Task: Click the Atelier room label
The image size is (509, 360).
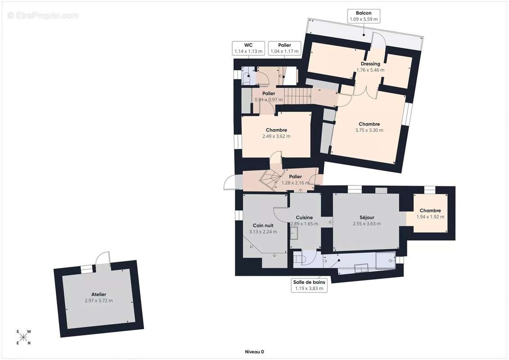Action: (99, 294)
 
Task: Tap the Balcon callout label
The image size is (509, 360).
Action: (364, 16)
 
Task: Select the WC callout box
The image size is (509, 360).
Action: (248, 48)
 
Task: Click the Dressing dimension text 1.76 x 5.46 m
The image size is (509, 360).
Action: (370, 70)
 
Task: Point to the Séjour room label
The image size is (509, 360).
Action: (367, 217)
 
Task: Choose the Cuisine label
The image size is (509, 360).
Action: (304, 217)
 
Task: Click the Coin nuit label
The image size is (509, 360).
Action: (263, 225)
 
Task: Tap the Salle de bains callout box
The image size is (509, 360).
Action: (309, 285)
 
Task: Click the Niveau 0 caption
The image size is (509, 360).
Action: (254, 351)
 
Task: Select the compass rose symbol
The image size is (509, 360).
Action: (23, 337)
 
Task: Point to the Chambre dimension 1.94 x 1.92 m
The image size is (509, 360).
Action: (430, 216)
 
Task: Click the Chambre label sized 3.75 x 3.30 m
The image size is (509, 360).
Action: (369, 124)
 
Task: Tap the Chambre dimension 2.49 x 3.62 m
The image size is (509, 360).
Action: (276, 136)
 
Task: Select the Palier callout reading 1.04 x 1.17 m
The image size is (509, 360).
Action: (284, 48)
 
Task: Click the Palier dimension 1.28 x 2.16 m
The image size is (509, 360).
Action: (295, 183)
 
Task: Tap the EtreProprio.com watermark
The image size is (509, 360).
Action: (43, 15)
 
